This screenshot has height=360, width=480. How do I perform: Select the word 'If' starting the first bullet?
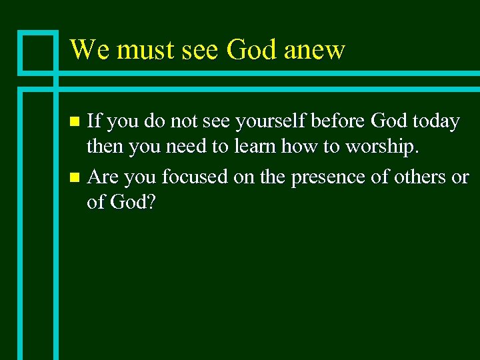point(94,122)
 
